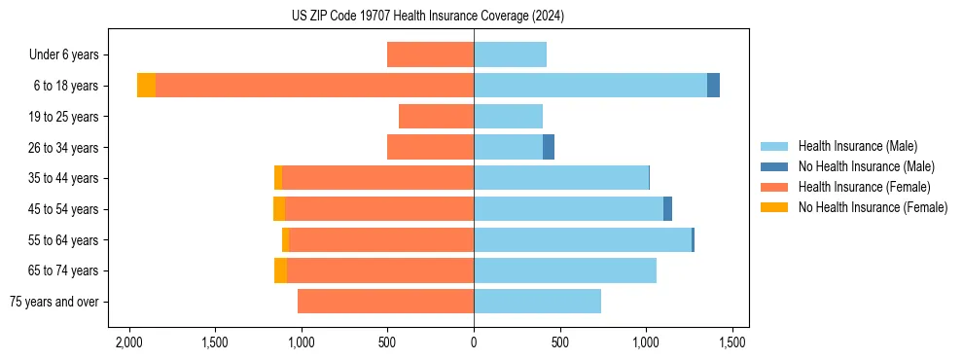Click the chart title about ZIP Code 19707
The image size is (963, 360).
[427, 17]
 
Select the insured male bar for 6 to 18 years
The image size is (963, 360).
[590, 86]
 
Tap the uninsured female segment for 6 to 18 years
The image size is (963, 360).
[146, 86]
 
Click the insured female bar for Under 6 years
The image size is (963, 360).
[430, 54]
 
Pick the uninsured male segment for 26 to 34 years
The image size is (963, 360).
[549, 147]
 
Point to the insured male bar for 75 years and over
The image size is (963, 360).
[537, 302]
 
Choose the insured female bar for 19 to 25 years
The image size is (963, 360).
[436, 117]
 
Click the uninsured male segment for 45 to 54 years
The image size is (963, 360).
[667, 209]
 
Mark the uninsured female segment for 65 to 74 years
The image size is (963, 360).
[280, 270]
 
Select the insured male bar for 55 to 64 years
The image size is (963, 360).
[583, 240]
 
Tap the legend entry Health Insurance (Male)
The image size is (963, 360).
[856, 146]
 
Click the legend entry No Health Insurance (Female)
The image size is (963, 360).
[873, 207]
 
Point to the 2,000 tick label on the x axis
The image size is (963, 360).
[129, 342]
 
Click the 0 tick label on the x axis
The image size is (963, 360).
[474, 342]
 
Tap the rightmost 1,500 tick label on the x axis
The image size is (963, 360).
[731, 342]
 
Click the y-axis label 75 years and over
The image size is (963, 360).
[54, 302]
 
